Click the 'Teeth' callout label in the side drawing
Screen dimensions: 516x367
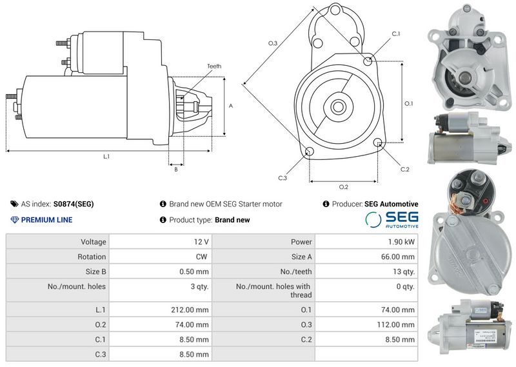[x=214, y=66]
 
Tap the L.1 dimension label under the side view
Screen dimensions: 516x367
[x=106, y=157]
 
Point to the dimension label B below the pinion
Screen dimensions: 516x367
[x=176, y=170]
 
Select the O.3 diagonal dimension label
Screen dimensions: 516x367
[x=273, y=43]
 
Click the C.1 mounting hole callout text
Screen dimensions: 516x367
[x=396, y=34]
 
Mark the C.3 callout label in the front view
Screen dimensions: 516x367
[x=283, y=178]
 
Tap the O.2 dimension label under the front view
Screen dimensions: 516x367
[x=344, y=187]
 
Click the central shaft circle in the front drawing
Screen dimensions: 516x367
[x=338, y=106]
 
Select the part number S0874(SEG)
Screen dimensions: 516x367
[x=74, y=204]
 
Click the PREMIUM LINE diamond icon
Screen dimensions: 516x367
[x=14, y=220]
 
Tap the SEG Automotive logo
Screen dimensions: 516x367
[x=392, y=219]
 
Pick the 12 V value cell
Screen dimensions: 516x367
[x=201, y=242]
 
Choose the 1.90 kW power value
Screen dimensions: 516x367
[x=401, y=242]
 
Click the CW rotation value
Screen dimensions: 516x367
[x=201, y=257]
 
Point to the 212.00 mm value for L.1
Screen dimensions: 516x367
[x=190, y=310]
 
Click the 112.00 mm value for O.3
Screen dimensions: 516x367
[x=396, y=324]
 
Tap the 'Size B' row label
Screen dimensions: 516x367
[x=95, y=272]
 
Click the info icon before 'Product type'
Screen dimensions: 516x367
[x=163, y=220]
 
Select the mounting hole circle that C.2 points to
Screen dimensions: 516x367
[x=378, y=142]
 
